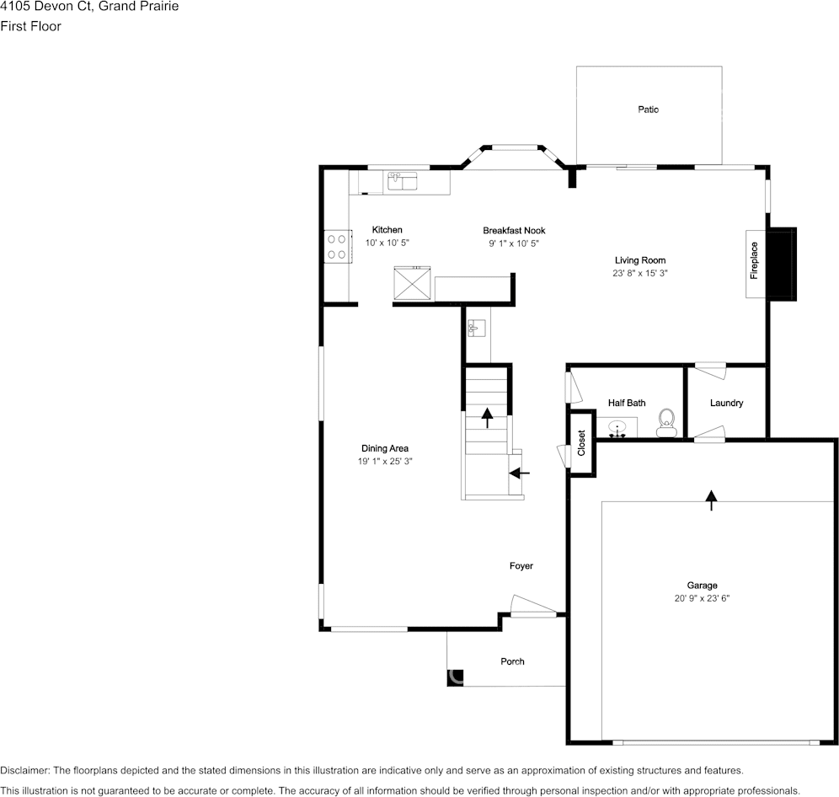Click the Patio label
[x=648, y=110]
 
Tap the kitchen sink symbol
[x=403, y=180]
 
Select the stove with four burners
[x=337, y=246]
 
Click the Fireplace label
[x=755, y=260]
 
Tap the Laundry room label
[x=726, y=404]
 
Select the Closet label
[x=581, y=443]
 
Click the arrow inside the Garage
[x=711, y=501]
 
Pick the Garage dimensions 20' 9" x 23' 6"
[x=702, y=598]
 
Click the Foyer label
[x=521, y=566]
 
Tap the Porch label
[x=512, y=661]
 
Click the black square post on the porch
[x=455, y=677]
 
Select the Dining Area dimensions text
[x=385, y=462]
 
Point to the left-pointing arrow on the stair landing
[x=520, y=473]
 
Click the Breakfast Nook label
[x=514, y=231]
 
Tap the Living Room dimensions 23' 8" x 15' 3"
[x=640, y=273]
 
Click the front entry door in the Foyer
[x=533, y=607]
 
